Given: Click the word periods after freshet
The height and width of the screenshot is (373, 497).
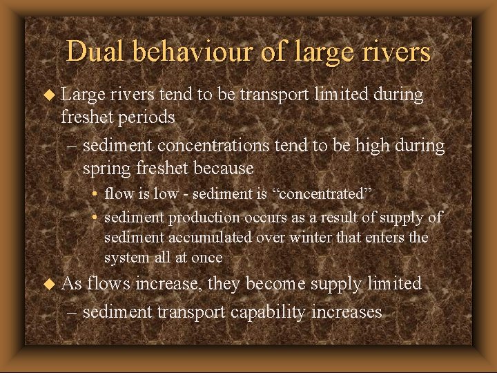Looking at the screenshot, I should pos(146,117).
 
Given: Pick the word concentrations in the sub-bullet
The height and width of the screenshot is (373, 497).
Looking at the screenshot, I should pos(217,146).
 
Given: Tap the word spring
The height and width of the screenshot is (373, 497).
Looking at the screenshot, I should pos(106,168).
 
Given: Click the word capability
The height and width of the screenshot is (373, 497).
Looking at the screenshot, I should pos(268,312).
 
